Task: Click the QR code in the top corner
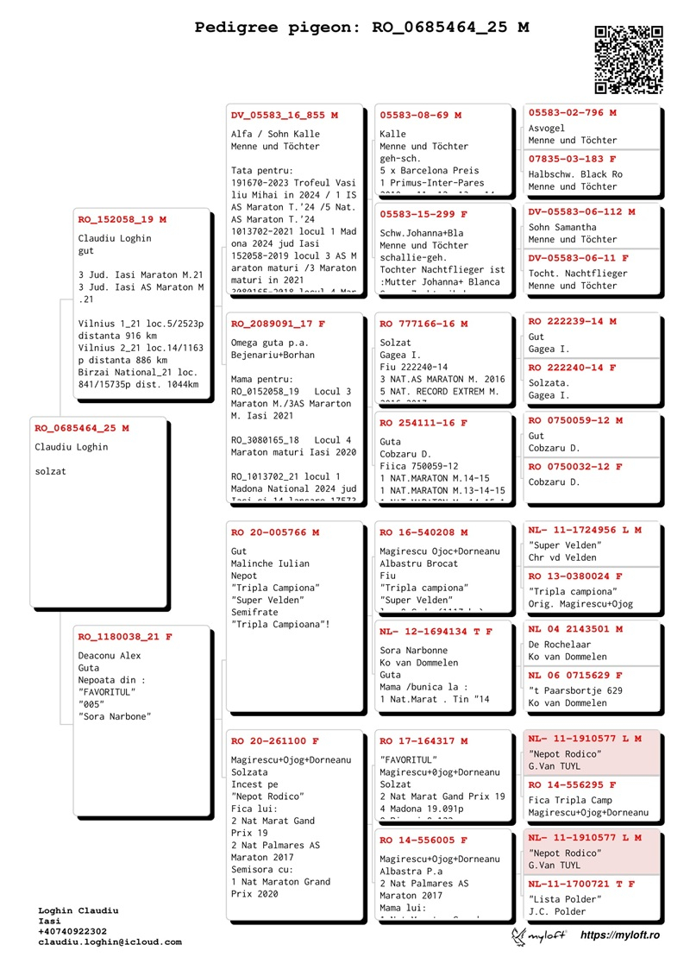[629, 60]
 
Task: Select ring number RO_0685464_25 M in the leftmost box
[82, 428]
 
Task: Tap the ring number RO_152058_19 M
[122, 219]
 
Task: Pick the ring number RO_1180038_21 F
[125, 637]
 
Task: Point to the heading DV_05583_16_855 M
[285, 115]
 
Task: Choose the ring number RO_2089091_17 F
[279, 324]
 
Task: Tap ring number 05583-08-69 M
[421, 115]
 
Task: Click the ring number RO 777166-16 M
[423, 324]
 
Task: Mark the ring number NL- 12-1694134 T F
[436, 632]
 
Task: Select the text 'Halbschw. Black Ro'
[575, 174]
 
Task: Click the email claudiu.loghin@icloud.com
[110, 942]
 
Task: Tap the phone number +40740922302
[72, 932]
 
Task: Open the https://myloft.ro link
[619, 935]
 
